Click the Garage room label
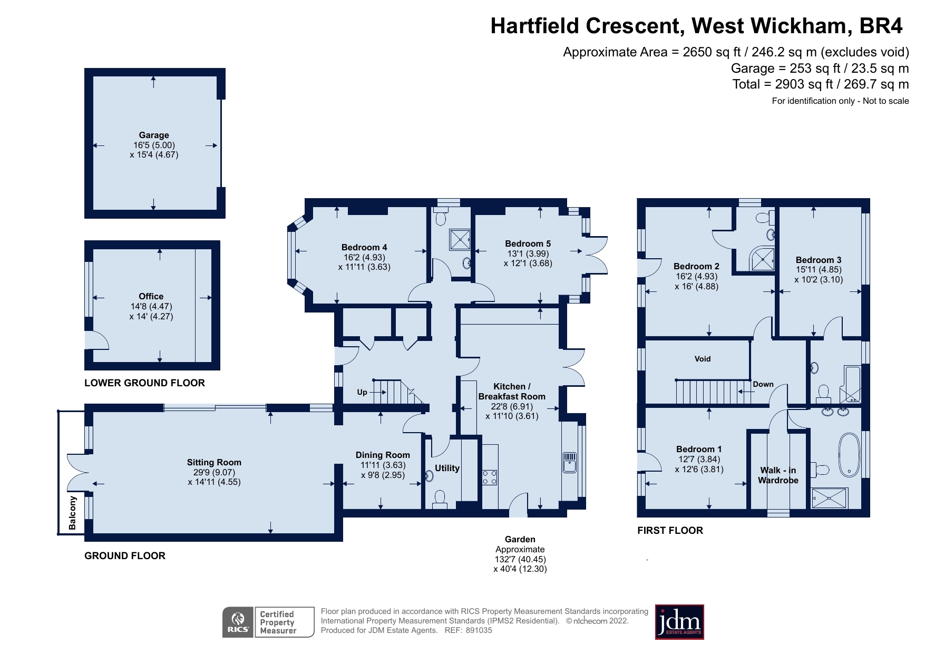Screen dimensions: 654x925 [x=154, y=135]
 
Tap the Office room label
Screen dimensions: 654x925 [x=151, y=296]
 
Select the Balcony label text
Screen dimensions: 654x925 [x=73, y=513]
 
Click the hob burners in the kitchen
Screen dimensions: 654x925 [x=490, y=477]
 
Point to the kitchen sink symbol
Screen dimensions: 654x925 [x=570, y=462]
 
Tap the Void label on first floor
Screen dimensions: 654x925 [x=702, y=359]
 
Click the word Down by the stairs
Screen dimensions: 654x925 [x=763, y=384]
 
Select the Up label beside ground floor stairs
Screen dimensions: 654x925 [x=362, y=392]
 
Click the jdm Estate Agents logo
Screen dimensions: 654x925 [x=679, y=622]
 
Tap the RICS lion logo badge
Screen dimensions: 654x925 [x=238, y=622]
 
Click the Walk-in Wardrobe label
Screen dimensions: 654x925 [x=778, y=475]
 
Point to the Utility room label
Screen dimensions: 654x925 [x=447, y=468]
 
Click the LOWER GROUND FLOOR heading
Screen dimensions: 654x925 [x=144, y=383]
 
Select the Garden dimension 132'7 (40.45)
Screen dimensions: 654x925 [x=520, y=559]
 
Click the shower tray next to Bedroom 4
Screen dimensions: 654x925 [x=459, y=240]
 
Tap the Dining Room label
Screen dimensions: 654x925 [x=383, y=455]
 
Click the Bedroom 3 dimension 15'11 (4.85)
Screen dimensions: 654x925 [x=819, y=269]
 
